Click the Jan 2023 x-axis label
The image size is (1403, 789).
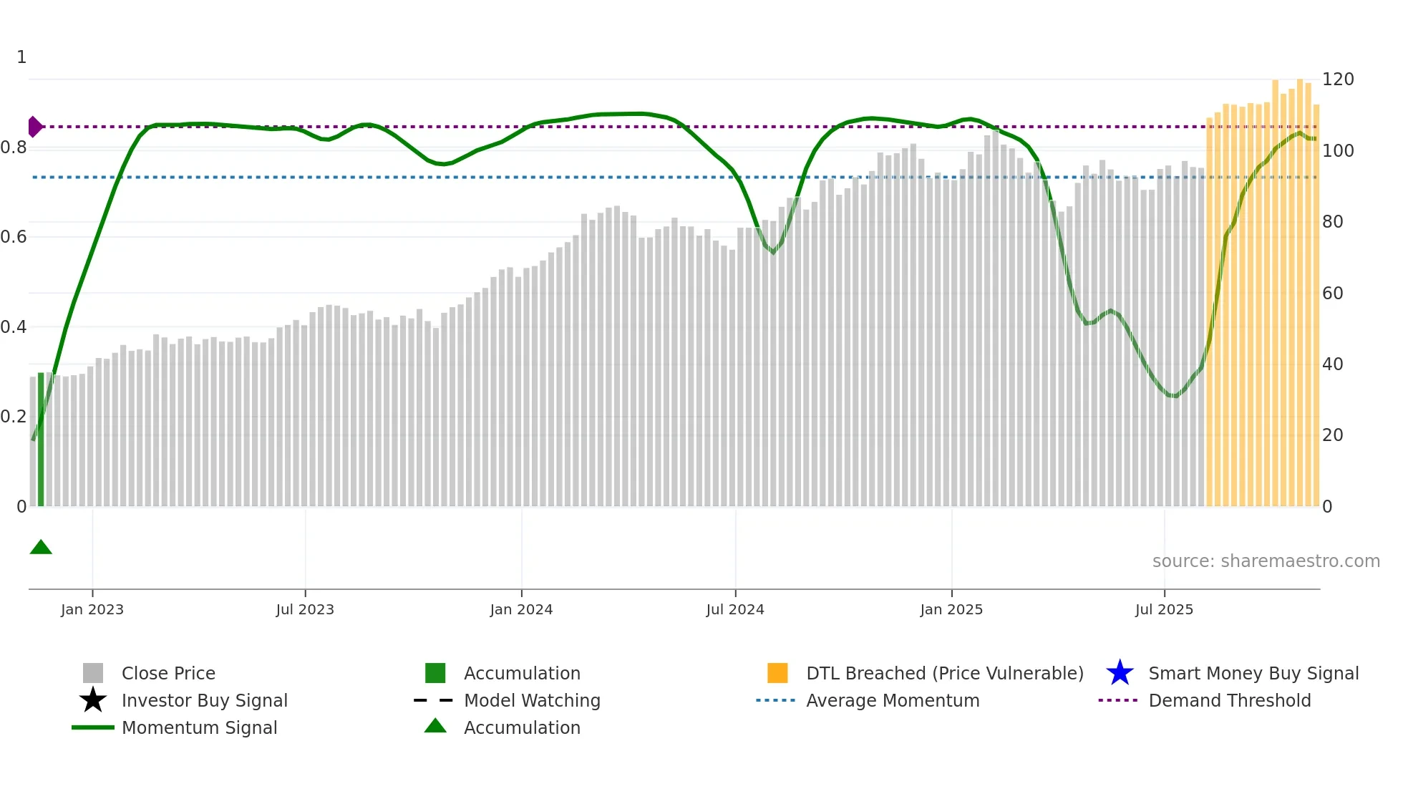tap(92, 609)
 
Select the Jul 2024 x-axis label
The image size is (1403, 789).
tap(735, 609)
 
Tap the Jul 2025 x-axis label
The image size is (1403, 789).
tap(1164, 609)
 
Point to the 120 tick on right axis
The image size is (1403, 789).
tap(1337, 79)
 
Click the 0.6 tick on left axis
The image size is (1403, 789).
tap(14, 237)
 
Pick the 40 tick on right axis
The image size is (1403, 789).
tap(1332, 364)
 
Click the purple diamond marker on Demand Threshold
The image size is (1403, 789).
tap(34, 127)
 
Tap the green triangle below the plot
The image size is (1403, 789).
tap(41, 548)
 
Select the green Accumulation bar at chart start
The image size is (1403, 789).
tap(41, 439)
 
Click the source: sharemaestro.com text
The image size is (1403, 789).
tap(1266, 561)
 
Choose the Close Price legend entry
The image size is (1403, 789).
tap(168, 674)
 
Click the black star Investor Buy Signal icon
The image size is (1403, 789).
tap(93, 700)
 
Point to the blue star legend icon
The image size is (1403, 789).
tap(1120, 673)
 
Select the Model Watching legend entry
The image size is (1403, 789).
tap(531, 701)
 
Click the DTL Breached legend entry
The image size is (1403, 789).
tap(944, 674)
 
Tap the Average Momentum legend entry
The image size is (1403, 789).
tap(892, 701)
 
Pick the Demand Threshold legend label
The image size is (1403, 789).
tap(1229, 701)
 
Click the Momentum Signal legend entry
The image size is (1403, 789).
tap(199, 728)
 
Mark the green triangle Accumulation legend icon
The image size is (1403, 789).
tap(435, 727)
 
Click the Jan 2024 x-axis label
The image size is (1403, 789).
tap(521, 609)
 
